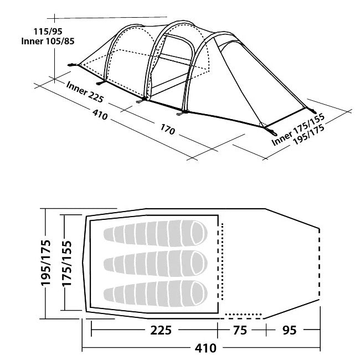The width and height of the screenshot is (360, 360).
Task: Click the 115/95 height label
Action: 48,32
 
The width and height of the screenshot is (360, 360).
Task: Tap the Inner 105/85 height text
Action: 48,42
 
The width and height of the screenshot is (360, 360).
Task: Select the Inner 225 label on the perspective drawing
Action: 85,91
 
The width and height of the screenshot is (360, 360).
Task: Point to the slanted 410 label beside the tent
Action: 100,115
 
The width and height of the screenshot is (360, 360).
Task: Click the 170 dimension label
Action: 168,129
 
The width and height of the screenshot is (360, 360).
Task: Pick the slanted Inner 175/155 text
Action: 298,130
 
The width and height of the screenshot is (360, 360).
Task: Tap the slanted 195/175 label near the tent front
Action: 309,135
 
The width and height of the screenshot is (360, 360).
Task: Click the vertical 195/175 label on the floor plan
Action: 45,263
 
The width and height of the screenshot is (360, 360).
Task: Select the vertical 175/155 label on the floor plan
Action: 67,263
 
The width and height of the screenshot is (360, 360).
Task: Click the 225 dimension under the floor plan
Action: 161,330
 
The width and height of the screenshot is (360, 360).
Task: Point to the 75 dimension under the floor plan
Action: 240,330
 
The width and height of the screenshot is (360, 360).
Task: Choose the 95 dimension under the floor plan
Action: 289,330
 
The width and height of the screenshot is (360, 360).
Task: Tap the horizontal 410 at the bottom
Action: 205,348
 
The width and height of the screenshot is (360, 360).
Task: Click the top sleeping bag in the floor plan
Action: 156,233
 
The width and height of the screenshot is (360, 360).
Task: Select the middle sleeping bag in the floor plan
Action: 156,263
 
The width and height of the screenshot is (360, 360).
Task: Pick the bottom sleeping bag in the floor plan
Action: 156,293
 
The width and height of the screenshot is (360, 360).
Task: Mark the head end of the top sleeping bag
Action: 199,233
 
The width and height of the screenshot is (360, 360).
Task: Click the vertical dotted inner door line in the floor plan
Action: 222,261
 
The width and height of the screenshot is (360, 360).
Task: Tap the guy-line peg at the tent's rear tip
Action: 73,65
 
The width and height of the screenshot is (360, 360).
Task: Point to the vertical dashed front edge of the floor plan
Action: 320,264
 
